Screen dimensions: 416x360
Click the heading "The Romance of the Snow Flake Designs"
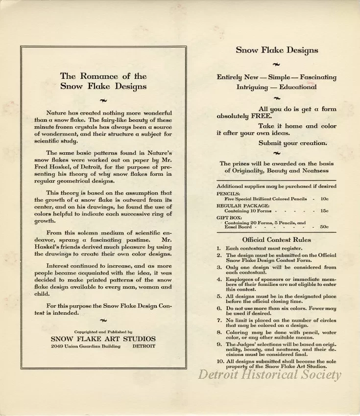103,81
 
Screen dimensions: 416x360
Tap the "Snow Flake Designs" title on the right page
277,50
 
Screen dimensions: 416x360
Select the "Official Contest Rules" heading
276,239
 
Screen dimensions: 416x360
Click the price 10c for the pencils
324,199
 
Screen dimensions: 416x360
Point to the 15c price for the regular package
324,210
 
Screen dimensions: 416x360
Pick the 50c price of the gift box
324,227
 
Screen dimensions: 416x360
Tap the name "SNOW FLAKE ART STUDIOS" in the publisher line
103,338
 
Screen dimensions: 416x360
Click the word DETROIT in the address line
144,346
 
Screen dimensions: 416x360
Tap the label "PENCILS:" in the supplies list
228,194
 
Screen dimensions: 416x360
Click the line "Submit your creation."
293,143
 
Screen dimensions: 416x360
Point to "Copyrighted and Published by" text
103,331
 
